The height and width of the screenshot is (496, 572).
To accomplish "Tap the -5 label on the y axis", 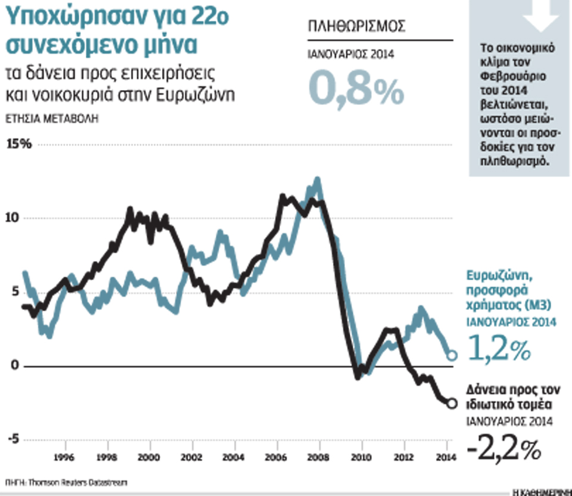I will coord(13,440).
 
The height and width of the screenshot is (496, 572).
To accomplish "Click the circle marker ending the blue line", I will coord(452,355).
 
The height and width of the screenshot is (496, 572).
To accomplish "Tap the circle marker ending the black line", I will coord(452,404).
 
